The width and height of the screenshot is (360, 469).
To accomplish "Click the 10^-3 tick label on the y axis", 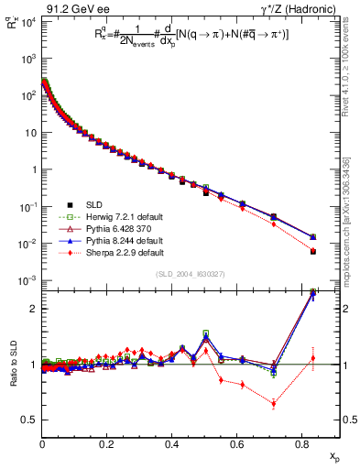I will (27, 280).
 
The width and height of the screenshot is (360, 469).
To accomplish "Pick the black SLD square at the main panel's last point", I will (313, 251).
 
